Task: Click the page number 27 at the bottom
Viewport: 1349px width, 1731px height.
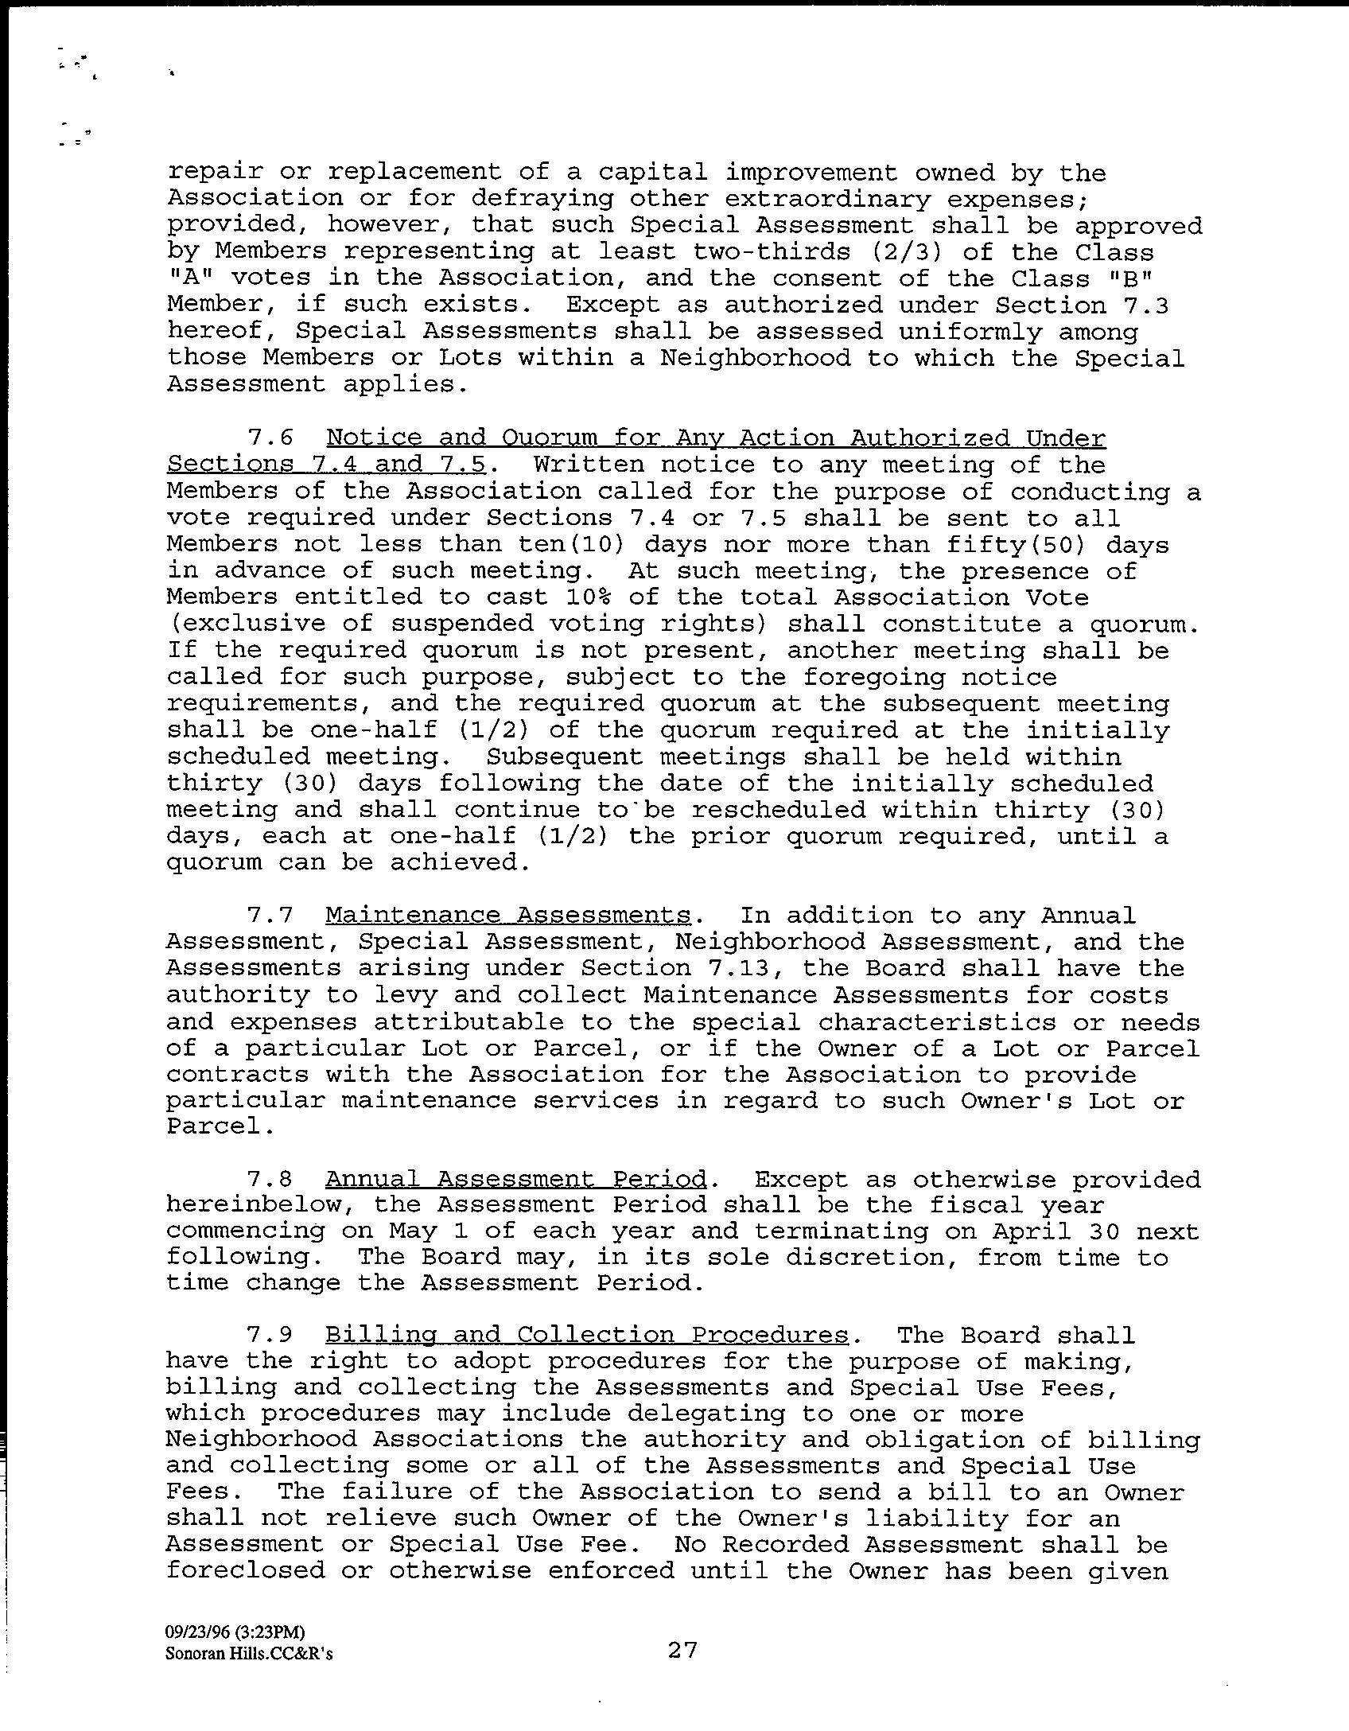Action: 682,1650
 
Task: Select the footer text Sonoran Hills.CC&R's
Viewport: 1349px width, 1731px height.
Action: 249,1653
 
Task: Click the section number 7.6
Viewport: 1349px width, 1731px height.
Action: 270,438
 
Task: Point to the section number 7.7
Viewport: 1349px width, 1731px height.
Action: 270,916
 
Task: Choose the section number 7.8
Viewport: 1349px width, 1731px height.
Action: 270,1180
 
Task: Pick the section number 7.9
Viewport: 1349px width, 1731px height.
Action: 270,1336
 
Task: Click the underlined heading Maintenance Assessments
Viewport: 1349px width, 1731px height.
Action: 507,916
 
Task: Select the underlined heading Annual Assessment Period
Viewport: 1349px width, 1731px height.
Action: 515,1180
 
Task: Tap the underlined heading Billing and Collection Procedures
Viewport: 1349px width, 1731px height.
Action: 587,1336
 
